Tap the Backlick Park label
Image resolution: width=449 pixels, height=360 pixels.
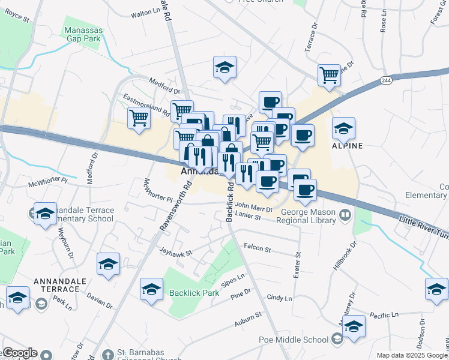point(194,293)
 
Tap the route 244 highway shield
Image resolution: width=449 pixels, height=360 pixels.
point(386,80)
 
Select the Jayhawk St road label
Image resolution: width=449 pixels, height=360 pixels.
point(175,253)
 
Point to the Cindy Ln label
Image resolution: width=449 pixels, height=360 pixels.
point(279,298)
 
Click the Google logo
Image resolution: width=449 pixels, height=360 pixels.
point(19,353)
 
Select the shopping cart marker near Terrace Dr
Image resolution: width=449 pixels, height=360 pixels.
point(329,76)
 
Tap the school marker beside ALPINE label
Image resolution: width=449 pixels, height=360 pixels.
point(343,128)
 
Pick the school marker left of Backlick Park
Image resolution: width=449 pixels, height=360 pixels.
point(151,289)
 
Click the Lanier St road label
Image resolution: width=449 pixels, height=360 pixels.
point(249,218)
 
